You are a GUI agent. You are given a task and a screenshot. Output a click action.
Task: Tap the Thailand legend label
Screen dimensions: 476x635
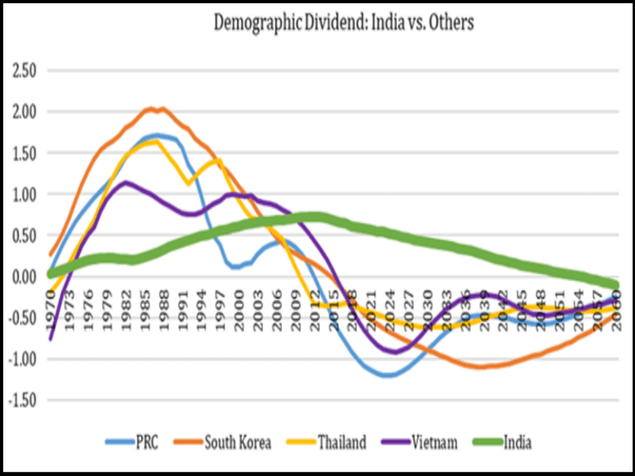point(339,443)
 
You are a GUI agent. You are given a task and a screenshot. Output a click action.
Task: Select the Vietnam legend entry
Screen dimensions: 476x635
point(431,443)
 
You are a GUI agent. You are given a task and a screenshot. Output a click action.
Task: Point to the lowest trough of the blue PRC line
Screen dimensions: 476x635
point(386,375)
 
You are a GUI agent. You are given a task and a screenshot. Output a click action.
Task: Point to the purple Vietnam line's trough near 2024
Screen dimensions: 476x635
point(395,351)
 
